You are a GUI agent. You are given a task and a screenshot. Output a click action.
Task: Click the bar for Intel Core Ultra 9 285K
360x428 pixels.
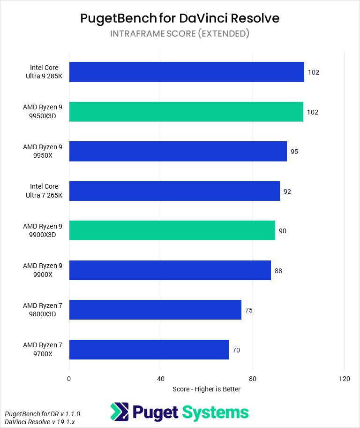click(187, 72)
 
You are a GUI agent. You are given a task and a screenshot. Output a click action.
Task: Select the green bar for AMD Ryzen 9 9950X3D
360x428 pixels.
click(186, 112)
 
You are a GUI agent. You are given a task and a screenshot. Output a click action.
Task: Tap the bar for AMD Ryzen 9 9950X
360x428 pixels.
click(178, 152)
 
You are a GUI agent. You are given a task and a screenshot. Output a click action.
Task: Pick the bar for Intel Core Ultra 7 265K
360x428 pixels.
click(174, 191)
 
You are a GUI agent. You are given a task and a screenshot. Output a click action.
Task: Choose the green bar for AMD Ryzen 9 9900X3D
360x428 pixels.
click(172, 230)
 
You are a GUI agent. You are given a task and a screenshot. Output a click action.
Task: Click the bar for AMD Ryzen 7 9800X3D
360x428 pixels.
click(155, 310)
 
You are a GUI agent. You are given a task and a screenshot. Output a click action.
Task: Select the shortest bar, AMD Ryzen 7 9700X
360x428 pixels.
click(149, 350)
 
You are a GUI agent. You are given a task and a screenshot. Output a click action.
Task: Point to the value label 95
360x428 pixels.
click(294, 152)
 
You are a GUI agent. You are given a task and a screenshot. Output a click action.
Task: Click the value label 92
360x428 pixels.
click(287, 191)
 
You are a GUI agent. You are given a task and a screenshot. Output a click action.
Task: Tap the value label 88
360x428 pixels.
click(278, 271)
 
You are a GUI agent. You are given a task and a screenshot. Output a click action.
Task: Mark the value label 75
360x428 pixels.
click(249, 310)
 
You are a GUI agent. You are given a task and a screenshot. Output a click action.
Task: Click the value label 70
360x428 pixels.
click(236, 350)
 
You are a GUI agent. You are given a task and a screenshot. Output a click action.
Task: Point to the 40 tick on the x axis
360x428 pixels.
click(161, 379)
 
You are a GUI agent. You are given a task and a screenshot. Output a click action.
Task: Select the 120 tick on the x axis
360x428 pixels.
click(345, 379)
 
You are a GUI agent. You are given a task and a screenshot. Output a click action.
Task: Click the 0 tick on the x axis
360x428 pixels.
click(69, 379)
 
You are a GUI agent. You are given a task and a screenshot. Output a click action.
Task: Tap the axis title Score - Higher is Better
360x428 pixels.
click(206, 389)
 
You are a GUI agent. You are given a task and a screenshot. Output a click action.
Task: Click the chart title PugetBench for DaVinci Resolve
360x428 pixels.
click(180, 18)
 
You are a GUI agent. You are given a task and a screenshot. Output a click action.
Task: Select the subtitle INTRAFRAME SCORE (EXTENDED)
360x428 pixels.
click(180, 34)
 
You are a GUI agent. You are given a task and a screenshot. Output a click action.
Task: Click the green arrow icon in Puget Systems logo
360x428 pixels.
click(119, 412)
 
